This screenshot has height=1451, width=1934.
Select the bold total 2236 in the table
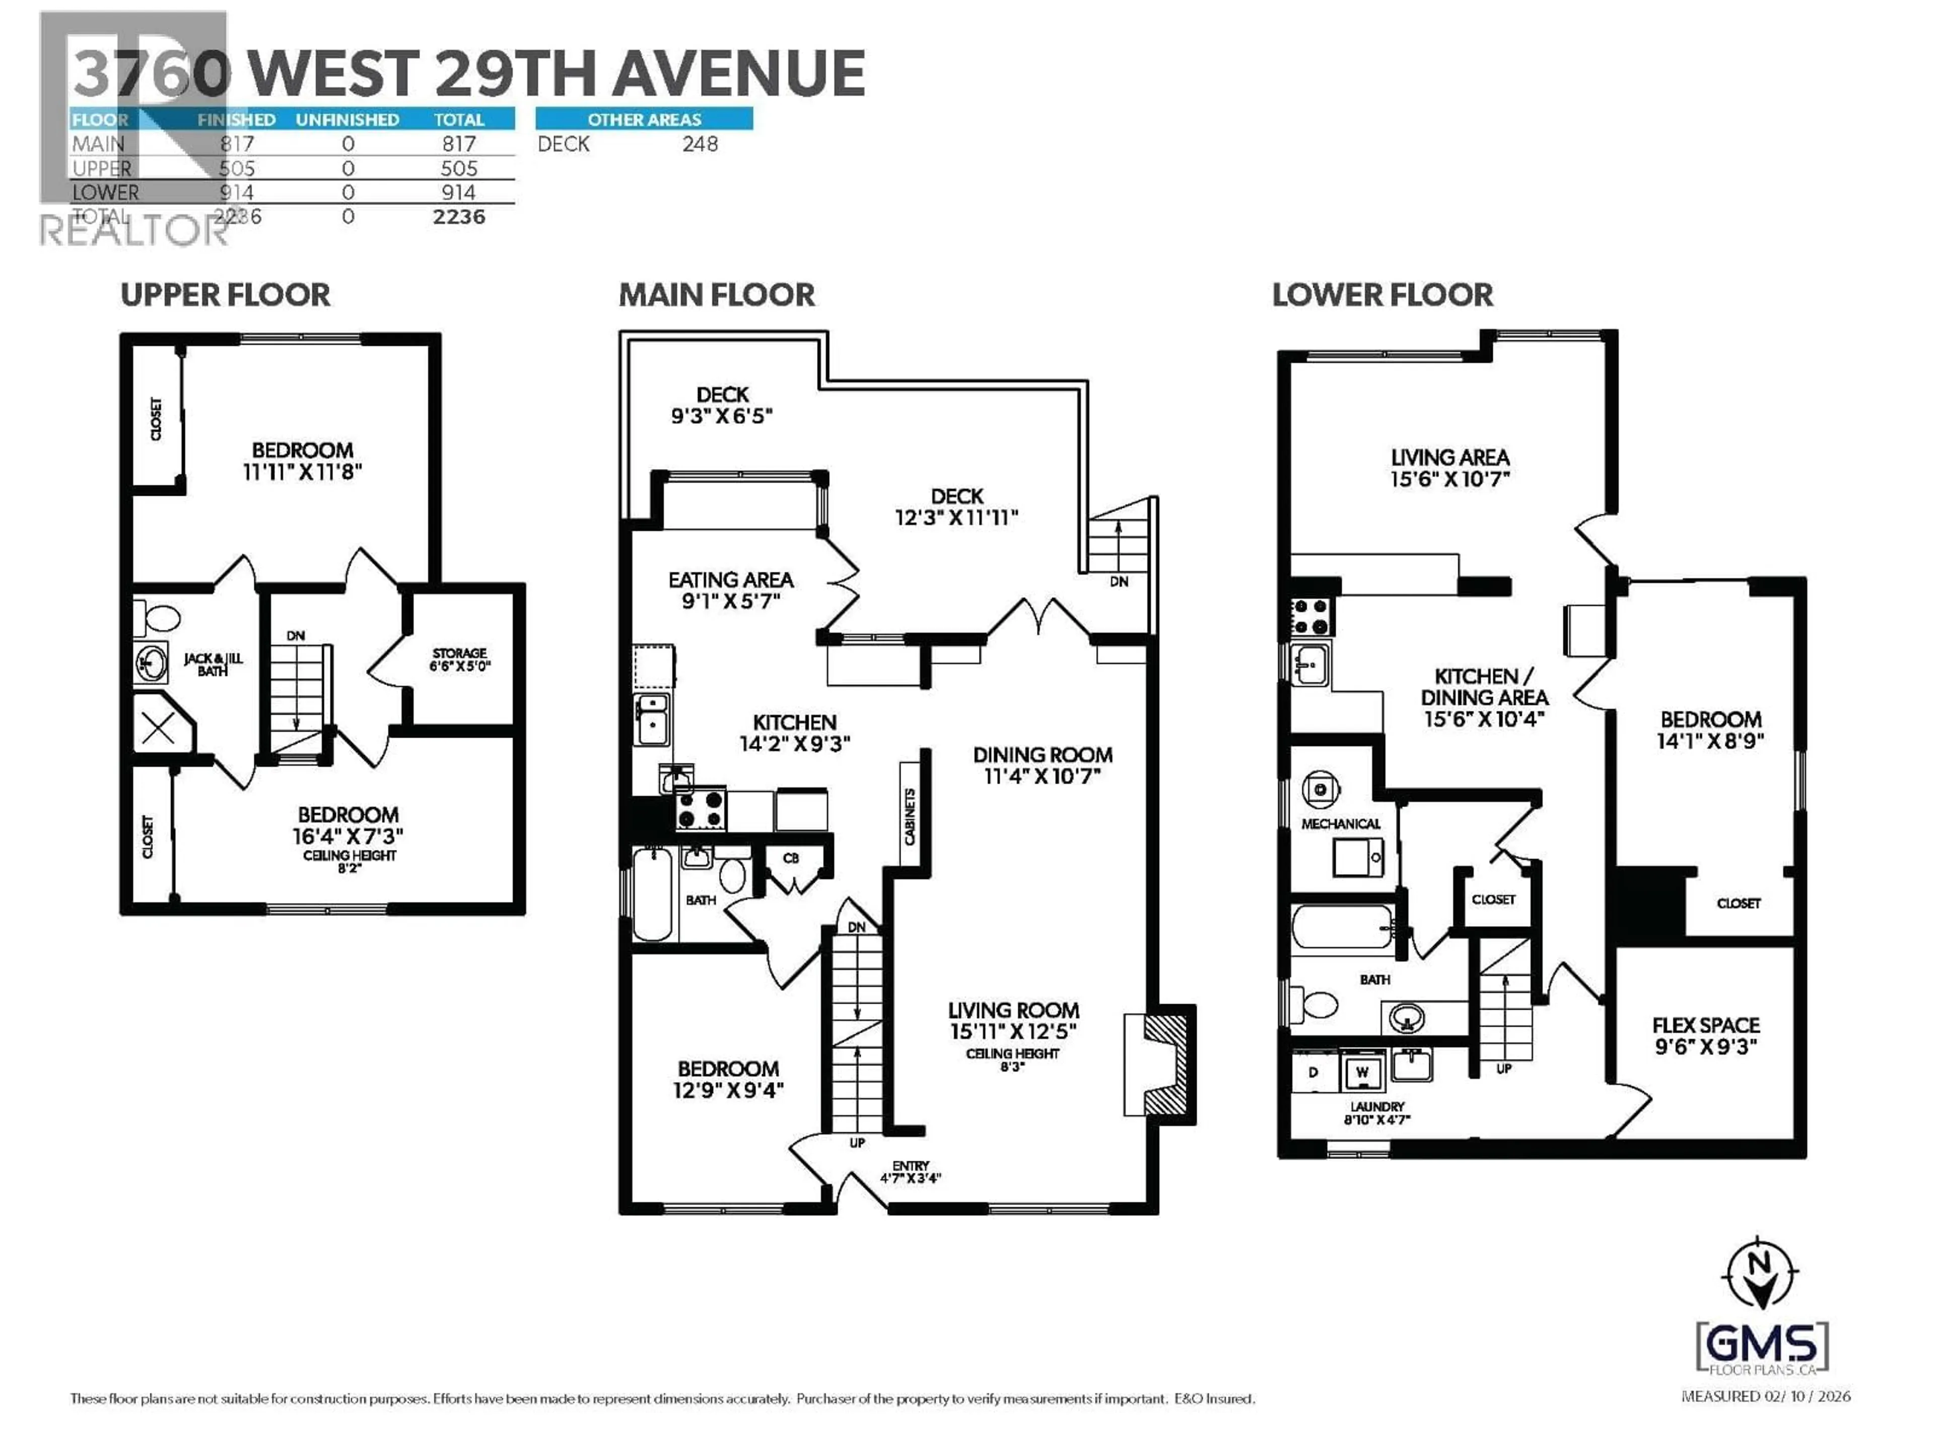458,217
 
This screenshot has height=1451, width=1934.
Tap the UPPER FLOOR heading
226,295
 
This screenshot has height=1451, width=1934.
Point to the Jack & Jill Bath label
213,665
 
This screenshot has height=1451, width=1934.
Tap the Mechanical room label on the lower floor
1340,824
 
